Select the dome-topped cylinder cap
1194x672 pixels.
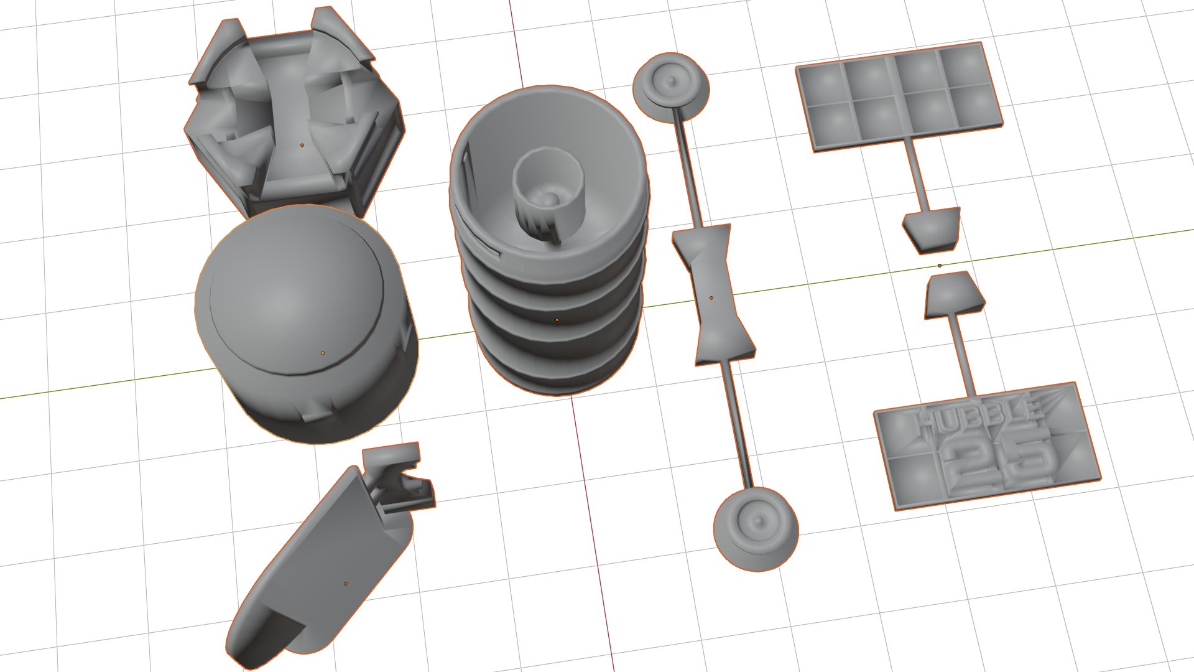(306, 324)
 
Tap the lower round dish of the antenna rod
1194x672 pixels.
(756, 529)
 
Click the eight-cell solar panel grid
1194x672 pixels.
(899, 96)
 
